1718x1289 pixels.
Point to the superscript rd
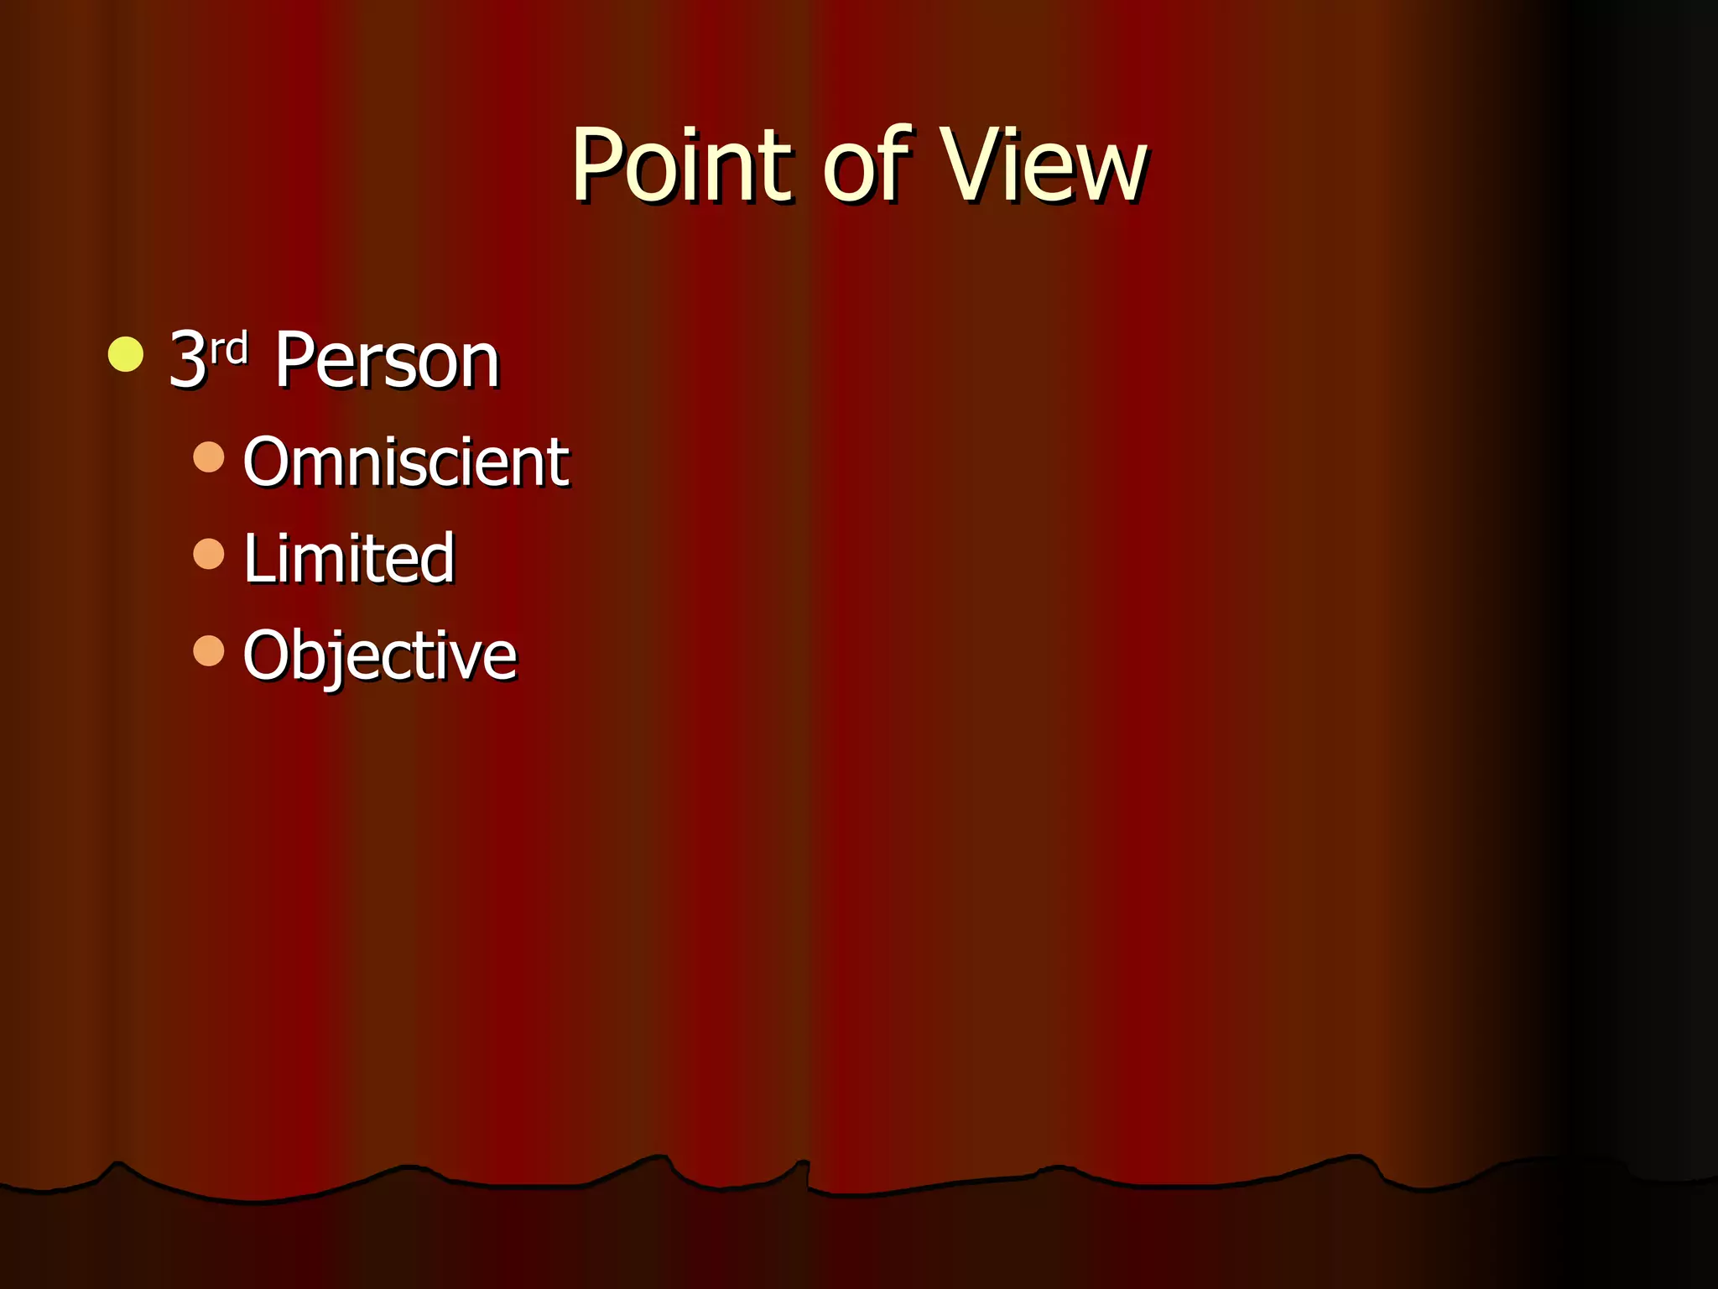[228, 348]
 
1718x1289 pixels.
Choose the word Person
[387, 361]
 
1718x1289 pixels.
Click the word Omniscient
[406, 462]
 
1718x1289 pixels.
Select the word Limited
[349, 558]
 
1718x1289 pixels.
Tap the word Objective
[379, 655]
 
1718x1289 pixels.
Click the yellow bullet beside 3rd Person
[126, 353]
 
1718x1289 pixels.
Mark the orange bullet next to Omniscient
[208, 457]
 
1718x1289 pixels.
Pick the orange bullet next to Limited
[208, 554]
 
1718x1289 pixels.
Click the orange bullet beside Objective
[208, 650]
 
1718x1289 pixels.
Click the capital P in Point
[597, 164]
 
